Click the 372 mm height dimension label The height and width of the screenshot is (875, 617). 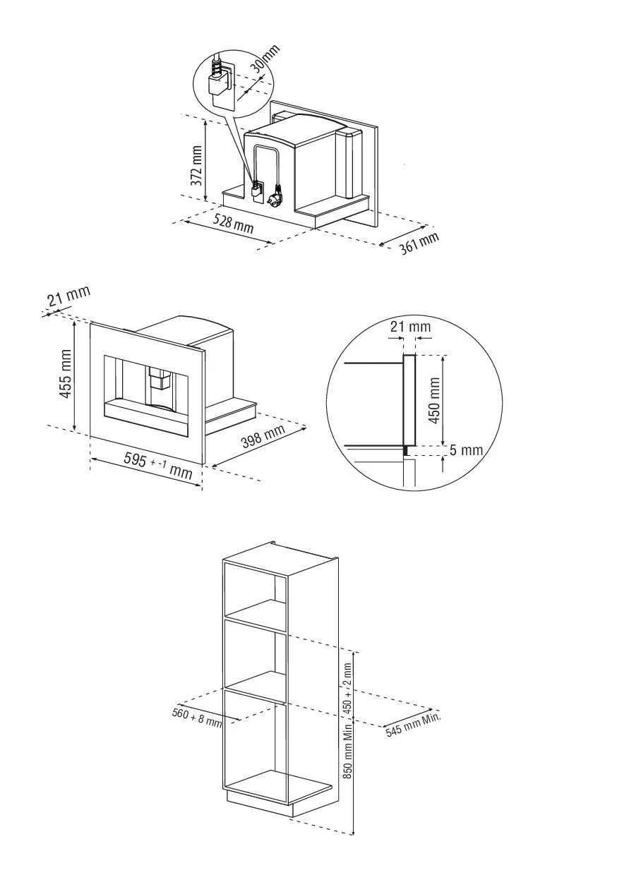[197, 165]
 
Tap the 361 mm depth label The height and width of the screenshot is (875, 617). [419, 243]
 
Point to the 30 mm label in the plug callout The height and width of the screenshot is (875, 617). [265, 59]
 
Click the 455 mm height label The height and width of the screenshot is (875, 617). [64, 374]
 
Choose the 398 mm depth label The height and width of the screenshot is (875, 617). [263, 435]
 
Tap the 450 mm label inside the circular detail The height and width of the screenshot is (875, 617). [434, 400]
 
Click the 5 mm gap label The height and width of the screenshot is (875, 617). [466, 450]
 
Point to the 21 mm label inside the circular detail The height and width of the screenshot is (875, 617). [410, 326]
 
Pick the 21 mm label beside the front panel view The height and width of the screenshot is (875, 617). [68, 296]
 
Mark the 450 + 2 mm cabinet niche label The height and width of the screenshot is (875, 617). [348, 689]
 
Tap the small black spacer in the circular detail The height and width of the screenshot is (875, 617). [406, 451]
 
